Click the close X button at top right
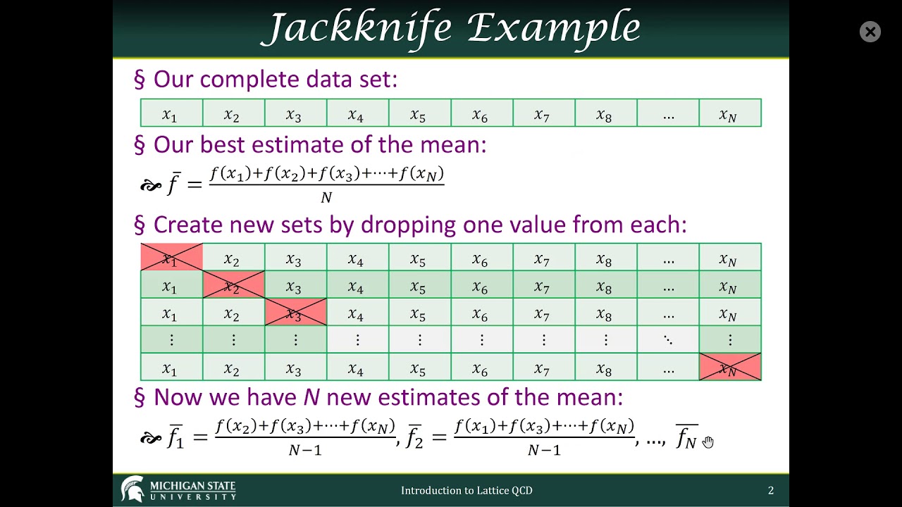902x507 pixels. tap(870, 32)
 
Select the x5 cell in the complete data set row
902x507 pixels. tap(419, 113)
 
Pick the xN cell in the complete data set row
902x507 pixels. tap(729, 113)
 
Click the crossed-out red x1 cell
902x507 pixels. tap(171, 258)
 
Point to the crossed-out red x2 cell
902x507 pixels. tap(233, 285)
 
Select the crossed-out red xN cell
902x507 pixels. tap(729, 368)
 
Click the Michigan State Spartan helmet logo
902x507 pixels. tap(132, 489)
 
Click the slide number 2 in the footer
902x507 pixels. tap(771, 490)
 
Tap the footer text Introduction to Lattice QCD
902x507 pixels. tap(467, 490)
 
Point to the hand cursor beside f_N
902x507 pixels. tap(708, 442)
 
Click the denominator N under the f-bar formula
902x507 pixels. tap(326, 198)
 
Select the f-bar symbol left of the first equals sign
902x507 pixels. tap(174, 183)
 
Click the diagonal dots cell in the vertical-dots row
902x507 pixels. tap(667, 340)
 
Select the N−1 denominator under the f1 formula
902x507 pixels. tap(305, 450)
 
